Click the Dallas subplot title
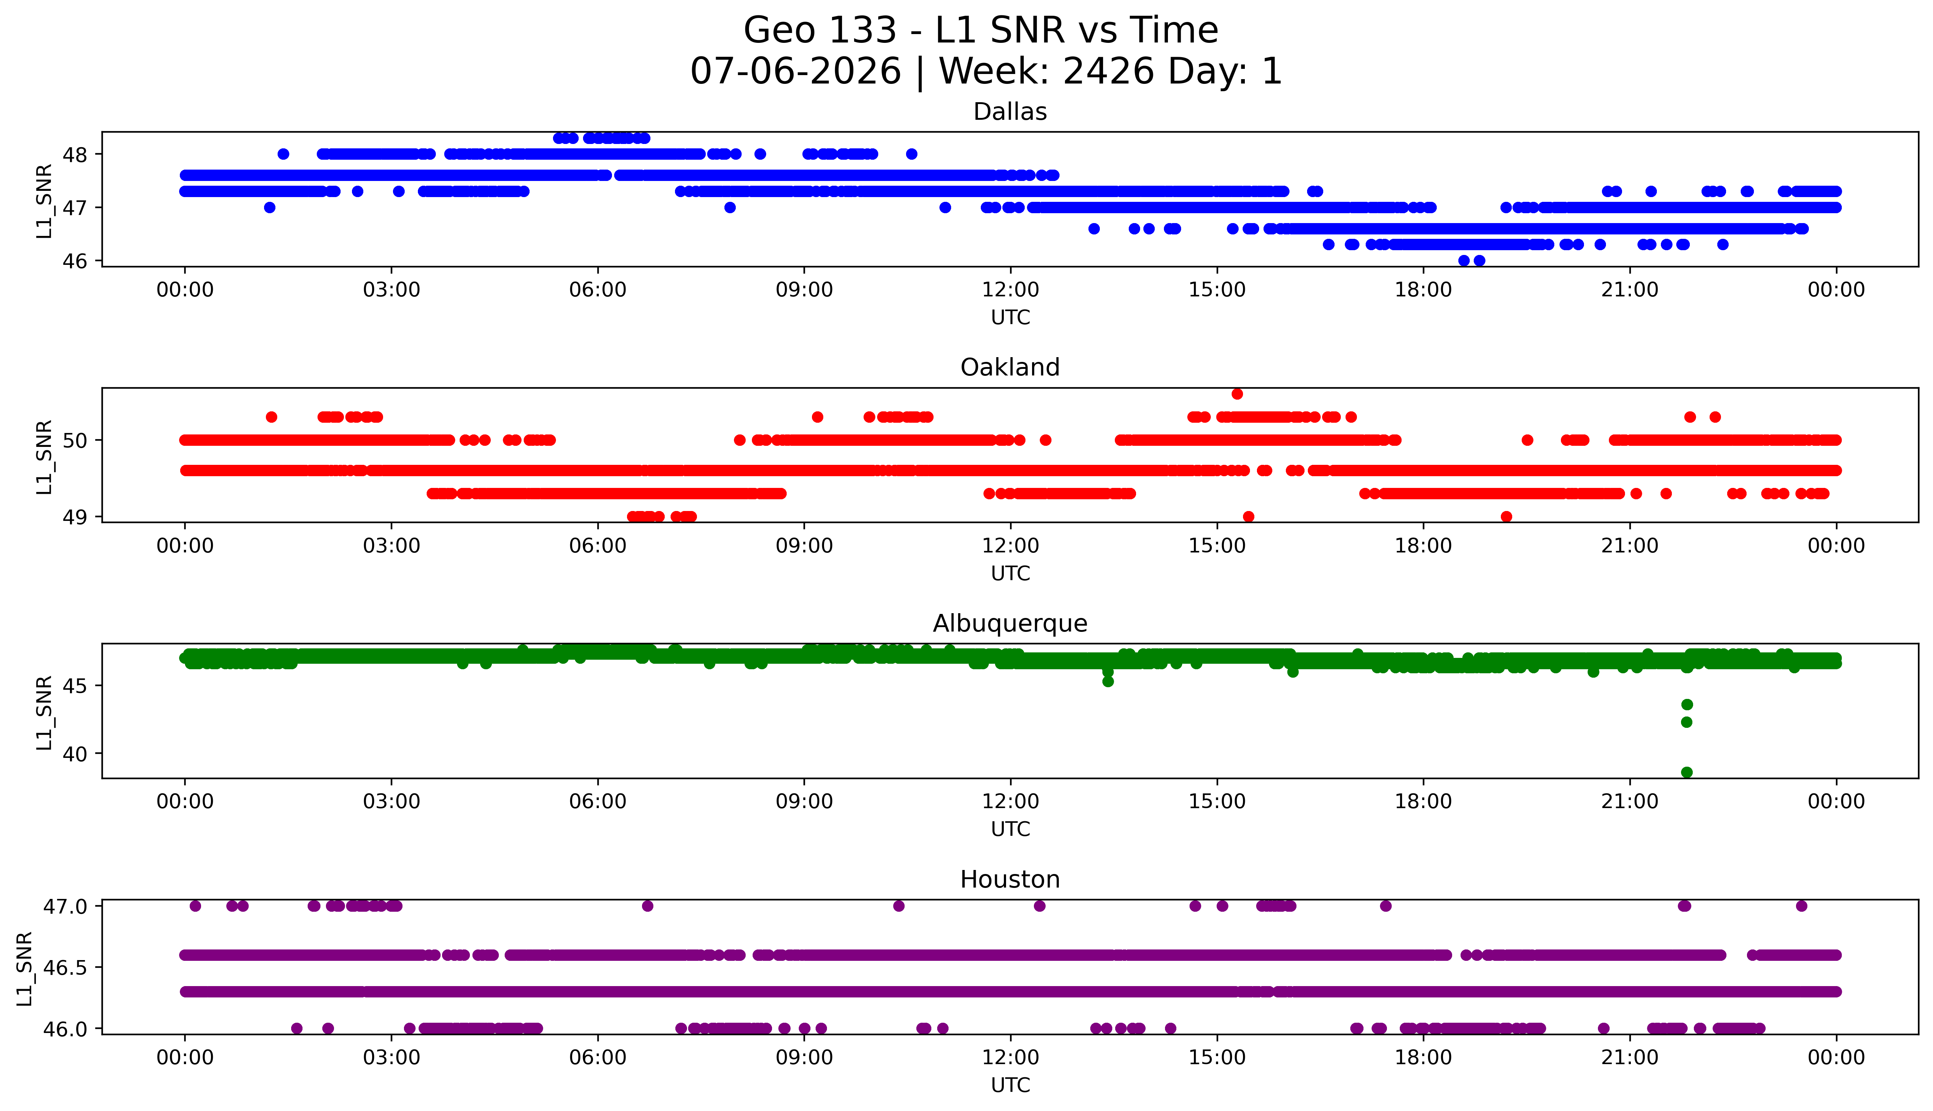point(1010,112)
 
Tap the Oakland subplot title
point(1010,368)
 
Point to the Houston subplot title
point(1010,880)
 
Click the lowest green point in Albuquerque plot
point(1687,772)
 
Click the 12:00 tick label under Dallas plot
point(1010,290)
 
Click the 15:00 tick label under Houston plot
point(1217,1058)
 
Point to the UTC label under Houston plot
point(1010,1085)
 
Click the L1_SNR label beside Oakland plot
point(44,456)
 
